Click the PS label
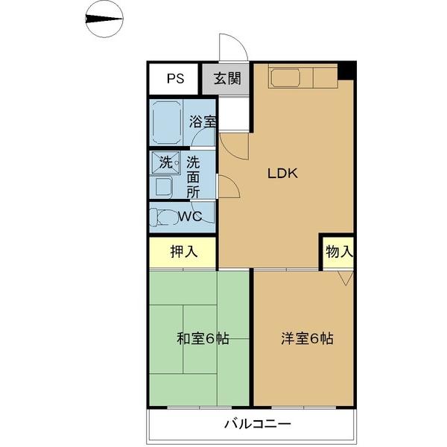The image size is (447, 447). click(175, 79)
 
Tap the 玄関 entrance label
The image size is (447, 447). click(227, 78)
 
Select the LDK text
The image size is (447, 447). click(282, 174)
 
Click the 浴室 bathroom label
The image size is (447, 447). click(203, 121)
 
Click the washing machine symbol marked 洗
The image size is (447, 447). click(165, 162)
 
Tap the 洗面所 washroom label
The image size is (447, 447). click(193, 177)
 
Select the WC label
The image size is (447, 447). click(190, 217)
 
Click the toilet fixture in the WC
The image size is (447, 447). click(163, 218)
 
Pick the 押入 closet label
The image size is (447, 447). click(184, 252)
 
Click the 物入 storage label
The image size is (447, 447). click(339, 252)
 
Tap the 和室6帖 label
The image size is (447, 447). click(203, 339)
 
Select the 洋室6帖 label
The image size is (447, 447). click(307, 339)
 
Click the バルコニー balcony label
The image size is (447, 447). click(258, 424)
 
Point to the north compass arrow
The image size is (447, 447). click(104, 19)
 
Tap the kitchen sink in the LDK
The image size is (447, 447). click(285, 77)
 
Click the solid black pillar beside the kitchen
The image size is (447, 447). click(346, 72)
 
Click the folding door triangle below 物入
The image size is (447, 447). click(346, 278)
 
